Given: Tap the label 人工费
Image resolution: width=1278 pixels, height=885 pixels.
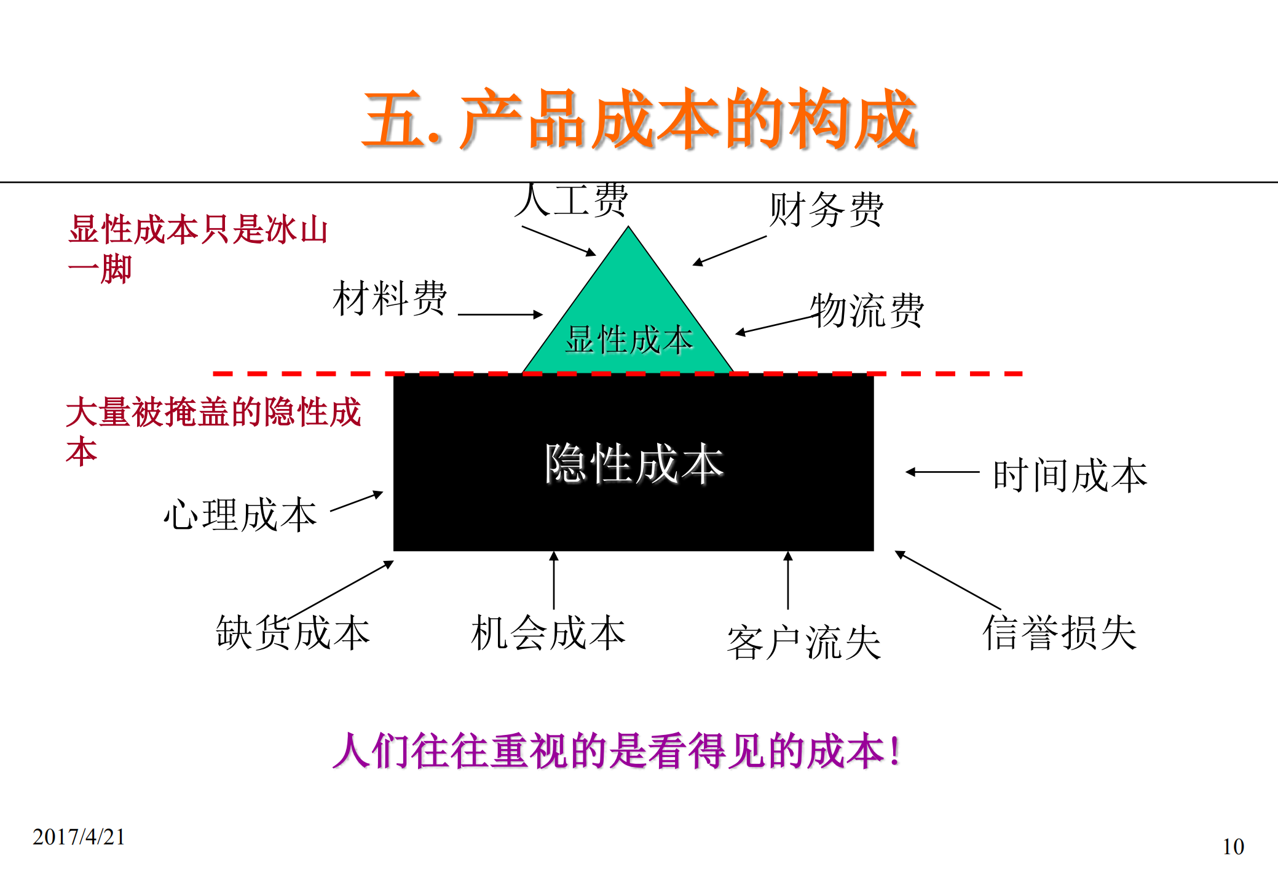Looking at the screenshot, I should pyautogui.click(x=572, y=200).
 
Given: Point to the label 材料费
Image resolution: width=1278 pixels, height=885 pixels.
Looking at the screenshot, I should pyautogui.click(x=390, y=298).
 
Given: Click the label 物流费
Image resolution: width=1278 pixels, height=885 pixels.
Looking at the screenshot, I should pyautogui.click(x=867, y=311).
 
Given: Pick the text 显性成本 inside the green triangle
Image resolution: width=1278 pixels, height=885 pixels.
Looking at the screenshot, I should pyautogui.click(x=628, y=340).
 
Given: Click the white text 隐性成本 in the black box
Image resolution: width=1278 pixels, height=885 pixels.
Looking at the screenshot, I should pyautogui.click(x=634, y=464).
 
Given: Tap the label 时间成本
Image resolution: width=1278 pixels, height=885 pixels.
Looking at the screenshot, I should pyautogui.click(x=1070, y=475).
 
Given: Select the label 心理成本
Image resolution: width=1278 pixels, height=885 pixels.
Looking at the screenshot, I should pyautogui.click(x=240, y=514).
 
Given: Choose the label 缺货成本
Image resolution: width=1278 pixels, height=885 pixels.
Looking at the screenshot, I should pyautogui.click(x=293, y=633).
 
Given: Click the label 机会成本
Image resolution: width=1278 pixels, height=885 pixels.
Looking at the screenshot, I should pyautogui.click(x=548, y=633).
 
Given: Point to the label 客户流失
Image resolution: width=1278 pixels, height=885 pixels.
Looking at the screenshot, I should pyautogui.click(x=803, y=643).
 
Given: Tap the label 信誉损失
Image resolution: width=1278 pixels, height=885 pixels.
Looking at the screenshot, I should pyautogui.click(x=1059, y=633).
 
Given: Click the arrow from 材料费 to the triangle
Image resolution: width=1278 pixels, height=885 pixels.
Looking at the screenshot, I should pyautogui.click(x=500, y=314).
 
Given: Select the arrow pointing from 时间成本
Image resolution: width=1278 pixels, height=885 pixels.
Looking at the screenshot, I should pyautogui.click(x=942, y=472).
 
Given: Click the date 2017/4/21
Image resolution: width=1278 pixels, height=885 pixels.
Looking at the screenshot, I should pyautogui.click(x=79, y=837).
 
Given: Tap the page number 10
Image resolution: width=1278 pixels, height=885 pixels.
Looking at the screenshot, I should pyautogui.click(x=1233, y=847).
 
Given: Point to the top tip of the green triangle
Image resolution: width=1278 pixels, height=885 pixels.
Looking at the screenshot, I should pyautogui.click(x=628, y=229).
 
